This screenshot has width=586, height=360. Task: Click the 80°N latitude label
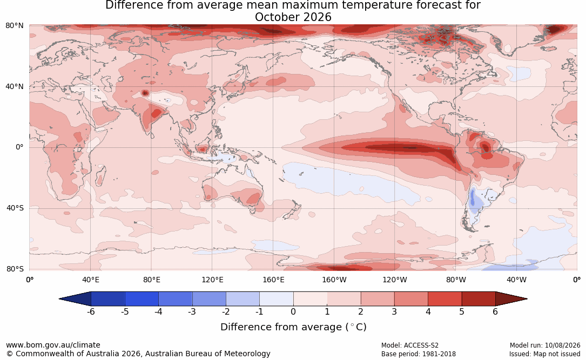click(x=14, y=25)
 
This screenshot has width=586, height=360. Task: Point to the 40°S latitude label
click(x=15, y=208)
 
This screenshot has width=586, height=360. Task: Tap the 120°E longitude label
click(x=212, y=280)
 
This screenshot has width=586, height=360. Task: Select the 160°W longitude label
click(x=334, y=280)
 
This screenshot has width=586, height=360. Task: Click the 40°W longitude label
click(x=517, y=280)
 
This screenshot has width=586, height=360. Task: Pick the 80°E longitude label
click(x=151, y=280)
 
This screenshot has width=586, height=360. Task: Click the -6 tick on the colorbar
click(x=91, y=311)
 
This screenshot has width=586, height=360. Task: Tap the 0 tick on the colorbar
click(x=293, y=311)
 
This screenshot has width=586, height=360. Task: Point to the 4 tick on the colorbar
click(x=428, y=311)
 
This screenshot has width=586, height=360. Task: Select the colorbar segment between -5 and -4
click(x=142, y=299)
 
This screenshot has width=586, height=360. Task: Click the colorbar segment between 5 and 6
click(x=479, y=299)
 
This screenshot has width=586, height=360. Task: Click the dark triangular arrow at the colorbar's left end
click(x=75, y=299)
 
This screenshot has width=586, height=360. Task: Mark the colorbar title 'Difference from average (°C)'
click(x=293, y=327)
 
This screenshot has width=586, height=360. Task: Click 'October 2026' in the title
click(x=293, y=17)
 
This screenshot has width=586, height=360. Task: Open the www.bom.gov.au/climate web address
click(x=53, y=345)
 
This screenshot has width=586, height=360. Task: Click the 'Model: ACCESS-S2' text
click(x=410, y=345)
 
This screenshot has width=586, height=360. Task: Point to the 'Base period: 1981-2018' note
click(x=419, y=354)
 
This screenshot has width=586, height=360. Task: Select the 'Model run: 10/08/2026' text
click(x=545, y=345)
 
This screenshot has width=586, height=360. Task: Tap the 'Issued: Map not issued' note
click(x=545, y=354)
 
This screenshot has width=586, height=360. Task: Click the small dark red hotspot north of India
click(x=145, y=93)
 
